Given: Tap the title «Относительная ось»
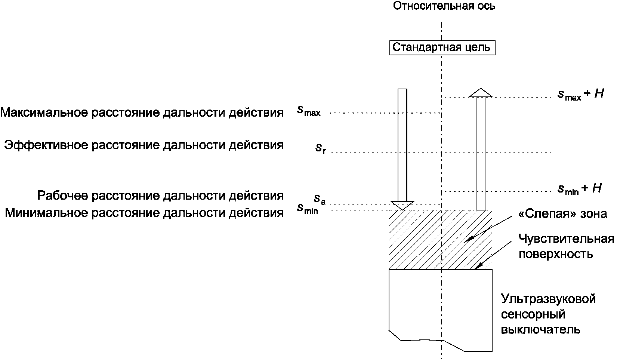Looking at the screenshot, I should click(444, 6).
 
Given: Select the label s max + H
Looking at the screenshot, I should click(580, 94).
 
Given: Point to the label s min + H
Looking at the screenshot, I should click(580, 189).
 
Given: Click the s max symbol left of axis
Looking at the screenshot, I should click(309, 111).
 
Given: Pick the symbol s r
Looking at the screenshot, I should click(321, 149).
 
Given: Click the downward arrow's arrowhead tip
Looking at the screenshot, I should click(402, 209).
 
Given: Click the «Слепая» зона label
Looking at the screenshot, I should click(562, 214).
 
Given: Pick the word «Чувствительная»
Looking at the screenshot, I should click(566, 239).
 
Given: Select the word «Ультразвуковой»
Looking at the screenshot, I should click(548, 299).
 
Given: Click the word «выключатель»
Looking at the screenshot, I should click(540, 330).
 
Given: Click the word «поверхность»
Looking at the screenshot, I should click(556, 254).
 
